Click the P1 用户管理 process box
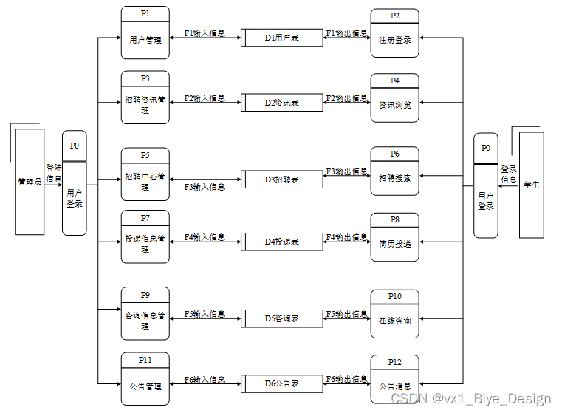[x=145, y=33]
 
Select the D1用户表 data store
[x=281, y=38]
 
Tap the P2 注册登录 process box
[x=394, y=34]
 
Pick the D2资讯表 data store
[x=281, y=103]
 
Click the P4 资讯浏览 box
[x=394, y=98]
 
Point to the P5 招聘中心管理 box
[x=145, y=174]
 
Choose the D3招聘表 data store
[x=281, y=180]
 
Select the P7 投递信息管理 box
[x=145, y=236]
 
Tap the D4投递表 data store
[x=281, y=242]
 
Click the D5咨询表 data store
[x=281, y=318]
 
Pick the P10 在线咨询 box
[x=394, y=314]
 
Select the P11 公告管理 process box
[x=145, y=379]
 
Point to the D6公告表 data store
[x=281, y=383]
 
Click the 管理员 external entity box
[x=30, y=181]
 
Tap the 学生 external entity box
[x=532, y=185]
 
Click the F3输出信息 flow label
[x=347, y=171]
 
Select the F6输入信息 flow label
[x=205, y=379]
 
